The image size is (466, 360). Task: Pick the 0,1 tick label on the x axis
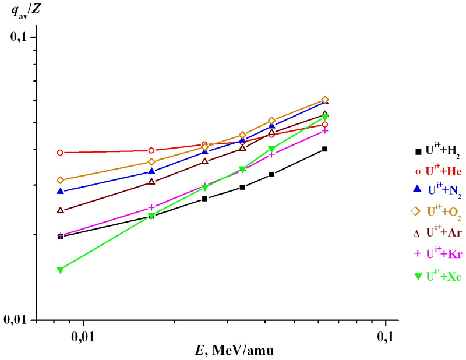tap(386, 336)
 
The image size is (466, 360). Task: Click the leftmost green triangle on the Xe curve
tap(60, 270)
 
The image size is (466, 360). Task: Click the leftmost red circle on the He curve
tap(60, 153)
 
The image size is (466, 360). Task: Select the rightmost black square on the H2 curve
tap(324, 149)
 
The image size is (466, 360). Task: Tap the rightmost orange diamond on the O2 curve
tap(324, 100)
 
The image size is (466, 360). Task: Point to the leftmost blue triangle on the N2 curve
tap(60, 191)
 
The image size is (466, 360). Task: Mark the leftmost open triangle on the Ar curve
tap(60, 210)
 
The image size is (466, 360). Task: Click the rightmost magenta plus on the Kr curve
tap(324, 131)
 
